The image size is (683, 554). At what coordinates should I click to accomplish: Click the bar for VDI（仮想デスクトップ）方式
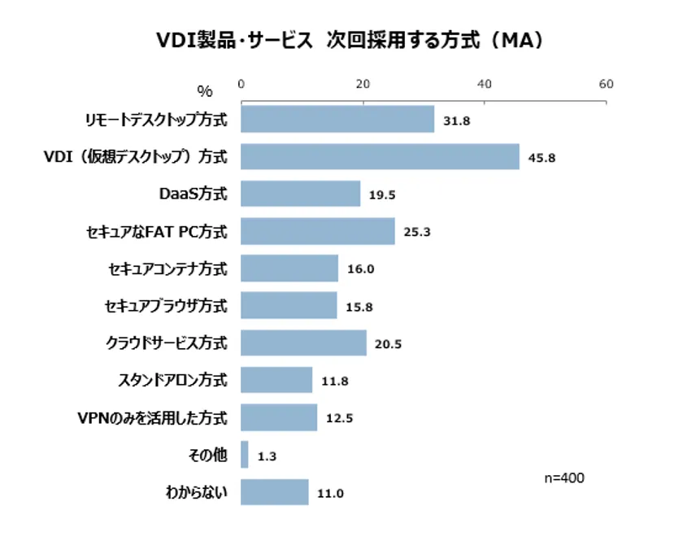(x=380, y=157)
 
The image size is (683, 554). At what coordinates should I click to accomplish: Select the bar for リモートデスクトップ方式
(x=337, y=120)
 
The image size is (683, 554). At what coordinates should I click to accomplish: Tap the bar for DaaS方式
(x=300, y=194)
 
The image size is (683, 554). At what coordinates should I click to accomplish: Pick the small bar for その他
(x=245, y=455)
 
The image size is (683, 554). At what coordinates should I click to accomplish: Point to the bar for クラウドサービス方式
(x=303, y=343)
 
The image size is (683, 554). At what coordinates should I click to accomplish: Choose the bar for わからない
(x=275, y=492)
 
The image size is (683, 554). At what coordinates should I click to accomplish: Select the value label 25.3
(x=415, y=232)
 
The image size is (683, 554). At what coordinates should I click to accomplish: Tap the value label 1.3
(x=268, y=456)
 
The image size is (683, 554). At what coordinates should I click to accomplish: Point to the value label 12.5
(x=338, y=418)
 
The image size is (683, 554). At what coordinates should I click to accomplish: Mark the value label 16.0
(x=359, y=269)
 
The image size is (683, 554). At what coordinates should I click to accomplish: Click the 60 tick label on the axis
(x=606, y=84)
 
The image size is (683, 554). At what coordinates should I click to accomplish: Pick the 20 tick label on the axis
(x=363, y=84)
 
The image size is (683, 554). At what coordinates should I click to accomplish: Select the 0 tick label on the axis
(x=241, y=84)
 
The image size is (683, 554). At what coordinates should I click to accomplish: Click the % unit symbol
(x=204, y=91)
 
